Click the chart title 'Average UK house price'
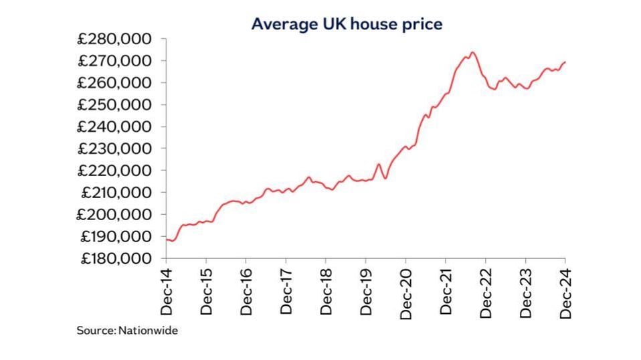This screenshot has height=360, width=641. point(347,24)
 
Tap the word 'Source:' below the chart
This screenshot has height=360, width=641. point(96,331)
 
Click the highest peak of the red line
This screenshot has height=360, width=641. point(472,52)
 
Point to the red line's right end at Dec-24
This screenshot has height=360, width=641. point(565,62)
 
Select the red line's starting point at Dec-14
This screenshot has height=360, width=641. point(166,239)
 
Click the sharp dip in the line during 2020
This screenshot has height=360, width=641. point(385,177)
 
